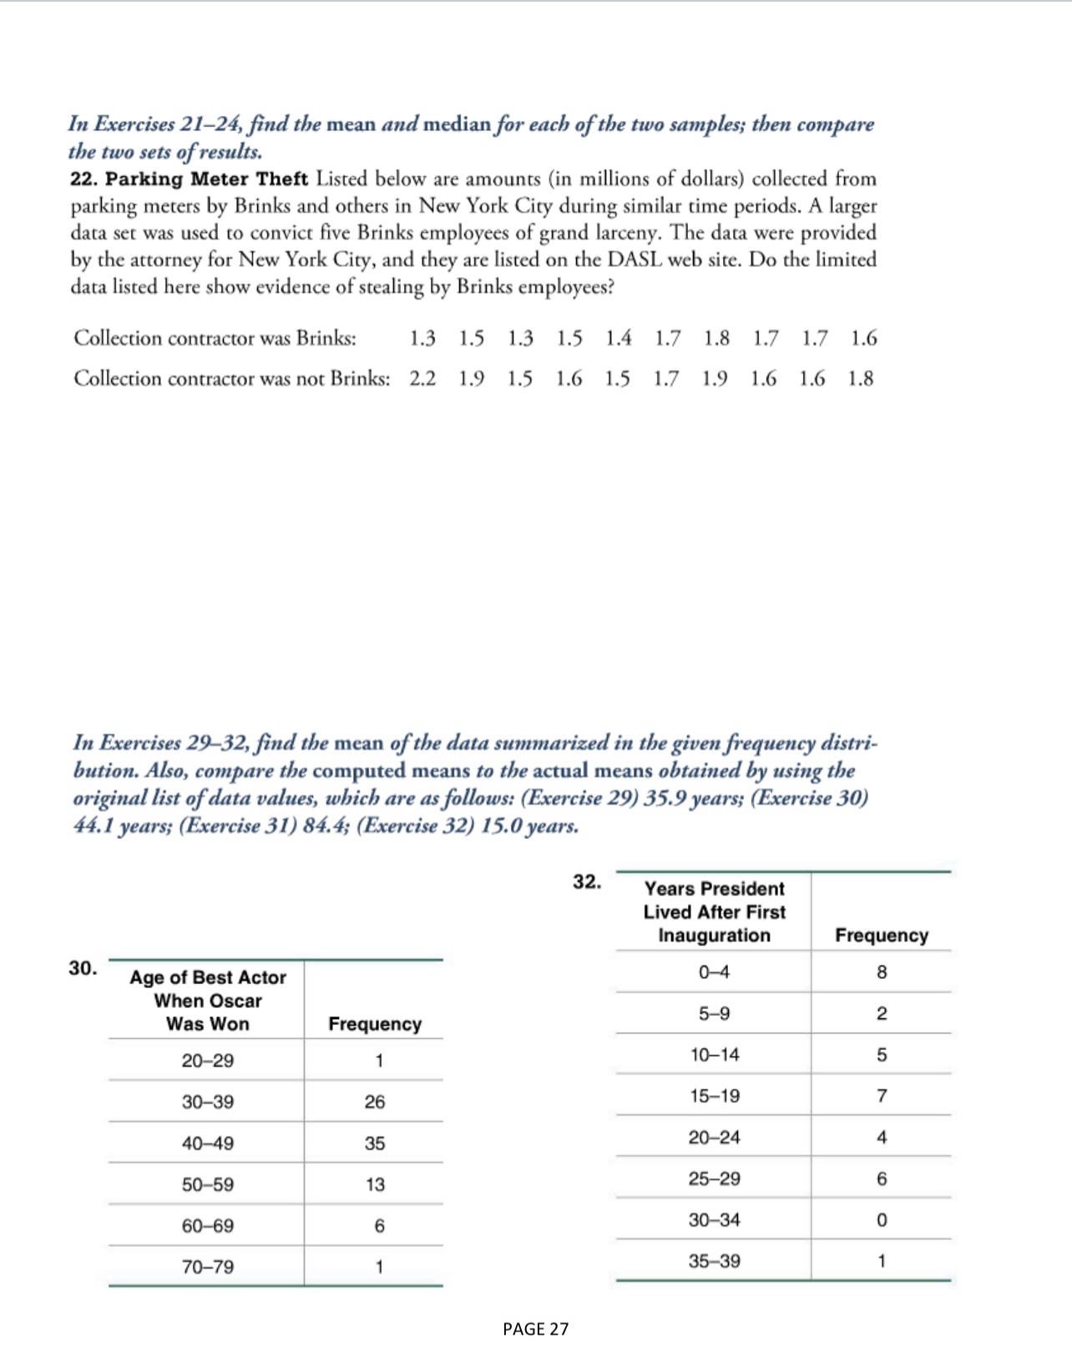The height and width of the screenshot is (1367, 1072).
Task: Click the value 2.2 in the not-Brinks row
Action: point(422,379)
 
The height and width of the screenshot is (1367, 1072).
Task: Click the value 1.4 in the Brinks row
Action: point(619,338)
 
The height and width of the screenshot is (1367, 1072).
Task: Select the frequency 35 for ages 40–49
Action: point(375,1143)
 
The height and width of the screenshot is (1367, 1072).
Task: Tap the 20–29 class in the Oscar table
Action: point(208,1061)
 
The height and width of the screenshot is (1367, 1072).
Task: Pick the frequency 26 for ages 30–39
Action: point(375,1102)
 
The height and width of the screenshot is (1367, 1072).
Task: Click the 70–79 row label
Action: point(208,1267)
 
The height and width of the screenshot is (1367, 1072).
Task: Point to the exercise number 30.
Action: point(83,968)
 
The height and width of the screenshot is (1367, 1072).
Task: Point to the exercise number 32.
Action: point(587,882)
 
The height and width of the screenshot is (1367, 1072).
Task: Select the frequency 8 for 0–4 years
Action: point(882,972)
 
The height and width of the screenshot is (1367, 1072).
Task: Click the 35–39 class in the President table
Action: point(714,1261)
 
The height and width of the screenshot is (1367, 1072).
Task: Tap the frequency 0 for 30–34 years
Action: point(882,1220)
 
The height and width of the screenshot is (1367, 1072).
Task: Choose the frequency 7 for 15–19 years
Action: point(882,1096)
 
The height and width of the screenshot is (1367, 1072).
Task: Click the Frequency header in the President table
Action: point(882,936)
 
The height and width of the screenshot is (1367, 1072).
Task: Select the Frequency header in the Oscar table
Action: point(375,1024)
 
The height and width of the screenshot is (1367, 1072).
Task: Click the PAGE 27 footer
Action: point(535,1329)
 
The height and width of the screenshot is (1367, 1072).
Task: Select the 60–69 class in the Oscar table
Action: point(208,1226)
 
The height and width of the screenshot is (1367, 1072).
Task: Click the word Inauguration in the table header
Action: point(714,936)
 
